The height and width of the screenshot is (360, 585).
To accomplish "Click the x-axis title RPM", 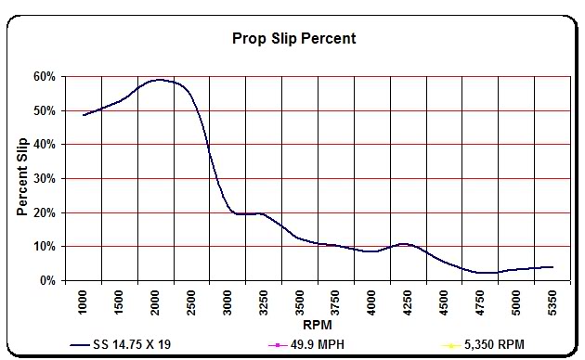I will [x=318, y=326].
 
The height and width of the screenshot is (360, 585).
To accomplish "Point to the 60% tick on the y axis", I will [x=45, y=76].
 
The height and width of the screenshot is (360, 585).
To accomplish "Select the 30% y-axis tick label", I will [x=45, y=178].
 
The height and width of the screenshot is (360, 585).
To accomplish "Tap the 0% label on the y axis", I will [x=48, y=280].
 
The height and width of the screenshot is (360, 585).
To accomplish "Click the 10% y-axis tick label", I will [x=45, y=247].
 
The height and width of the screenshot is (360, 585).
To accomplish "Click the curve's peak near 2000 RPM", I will [x=158, y=80].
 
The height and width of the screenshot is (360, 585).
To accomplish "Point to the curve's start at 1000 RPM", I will [x=84, y=115].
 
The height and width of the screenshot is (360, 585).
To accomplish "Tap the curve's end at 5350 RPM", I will [x=553, y=267].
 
